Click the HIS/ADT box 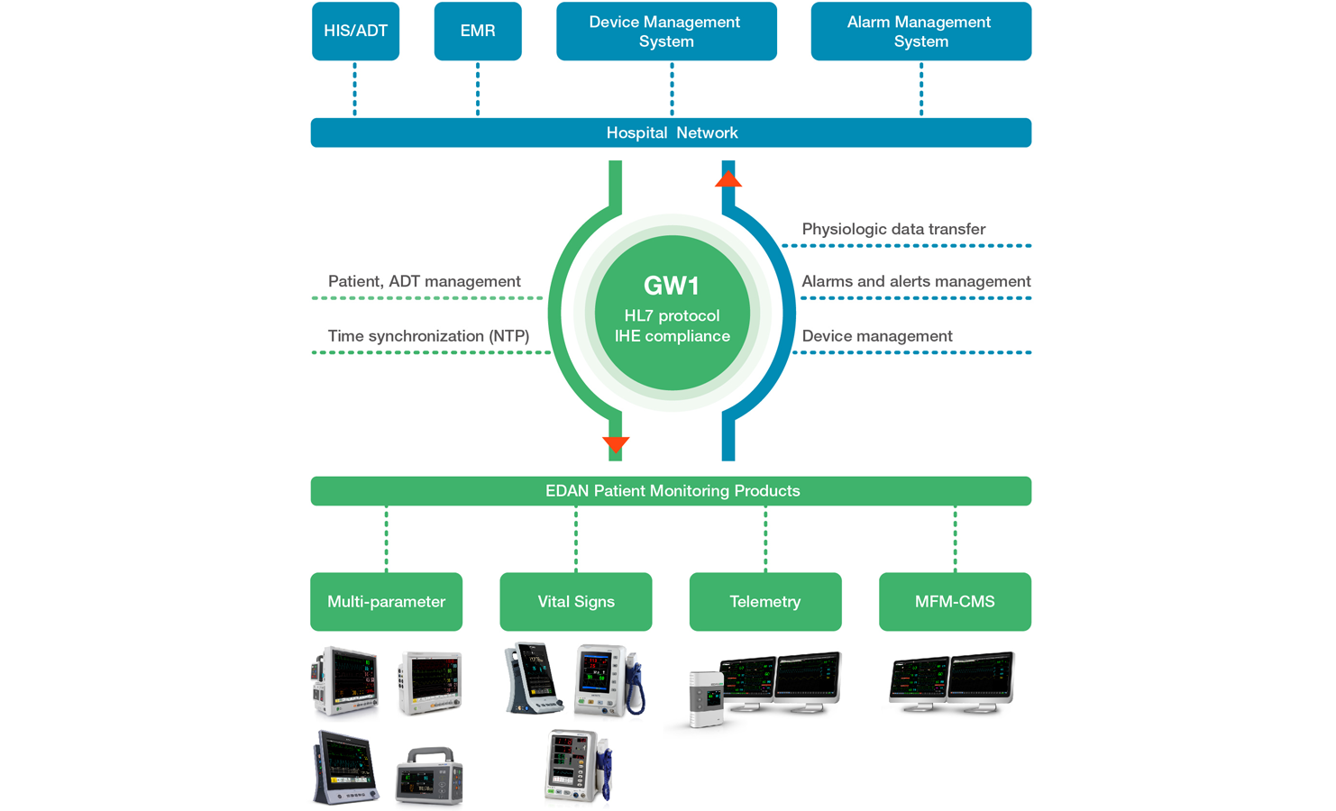(x=355, y=32)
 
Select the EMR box (x=478, y=32)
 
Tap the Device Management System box (x=666, y=32)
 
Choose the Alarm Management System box (x=920, y=32)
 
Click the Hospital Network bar (x=671, y=132)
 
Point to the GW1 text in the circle (x=672, y=286)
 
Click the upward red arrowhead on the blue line (x=728, y=178)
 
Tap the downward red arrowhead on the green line (x=616, y=444)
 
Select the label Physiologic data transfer (x=893, y=229)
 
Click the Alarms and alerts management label (x=916, y=281)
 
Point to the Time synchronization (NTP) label (x=428, y=336)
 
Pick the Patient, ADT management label (x=425, y=281)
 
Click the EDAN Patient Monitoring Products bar (x=671, y=491)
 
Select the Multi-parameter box (x=386, y=602)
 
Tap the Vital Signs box (x=576, y=602)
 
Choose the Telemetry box (x=765, y=602)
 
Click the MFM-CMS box (x=955, y=602)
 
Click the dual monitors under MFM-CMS (x=951, y=683)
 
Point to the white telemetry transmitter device (x=707, y=698)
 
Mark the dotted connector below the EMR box (x=478, y=89)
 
